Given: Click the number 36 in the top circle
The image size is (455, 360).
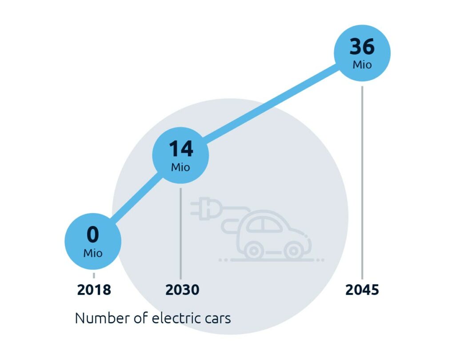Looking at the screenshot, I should click(362, 46).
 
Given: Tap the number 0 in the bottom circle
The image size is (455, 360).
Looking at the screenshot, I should click(92, 235).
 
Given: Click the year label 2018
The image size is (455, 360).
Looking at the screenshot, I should click(94, 290).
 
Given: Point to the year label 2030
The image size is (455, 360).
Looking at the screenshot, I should click(182, 290).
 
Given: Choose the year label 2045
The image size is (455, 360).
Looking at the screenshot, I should click(362, 290).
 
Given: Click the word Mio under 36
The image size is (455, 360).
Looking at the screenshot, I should click(362, 65).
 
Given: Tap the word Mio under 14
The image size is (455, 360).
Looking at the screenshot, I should click(180, 167).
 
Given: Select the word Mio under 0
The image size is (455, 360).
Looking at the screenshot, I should click(93, 253).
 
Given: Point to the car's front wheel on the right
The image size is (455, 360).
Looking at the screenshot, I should click(293, 251).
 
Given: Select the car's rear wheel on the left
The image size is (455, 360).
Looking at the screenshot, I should click(253, 251).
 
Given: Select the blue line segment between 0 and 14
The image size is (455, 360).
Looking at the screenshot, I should click(136, 198).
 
